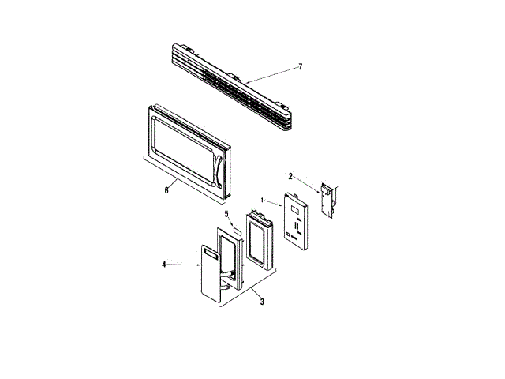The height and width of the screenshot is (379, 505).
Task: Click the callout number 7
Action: pyautogui.click(x=301, y=67)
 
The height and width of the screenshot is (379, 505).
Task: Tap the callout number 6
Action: pyautogui.click(x=166, y=189)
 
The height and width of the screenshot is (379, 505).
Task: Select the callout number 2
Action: pyautogui.click(x=290, y=176)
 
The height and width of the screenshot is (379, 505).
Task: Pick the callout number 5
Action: pyautogui.click(x=226, y=214)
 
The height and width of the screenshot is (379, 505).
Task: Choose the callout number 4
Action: pyautogui.click(x=164, y=265)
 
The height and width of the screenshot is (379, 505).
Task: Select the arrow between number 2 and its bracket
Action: pyautogui.click(x=305, y=183)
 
